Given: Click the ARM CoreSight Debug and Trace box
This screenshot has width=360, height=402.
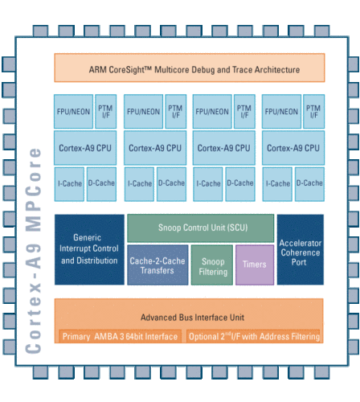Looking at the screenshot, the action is [x=190, y=68].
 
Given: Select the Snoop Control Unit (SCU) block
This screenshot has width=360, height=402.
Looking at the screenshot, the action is [x=201, y=228].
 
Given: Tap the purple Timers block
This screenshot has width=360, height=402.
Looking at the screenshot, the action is [x=255, y=265].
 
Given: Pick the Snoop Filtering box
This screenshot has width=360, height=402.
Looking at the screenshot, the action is [x=212, y=265].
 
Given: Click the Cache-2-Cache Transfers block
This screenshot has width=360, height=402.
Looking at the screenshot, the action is [x=157, y=265].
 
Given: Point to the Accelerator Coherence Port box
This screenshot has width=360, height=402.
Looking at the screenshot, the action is [x=301, y=249].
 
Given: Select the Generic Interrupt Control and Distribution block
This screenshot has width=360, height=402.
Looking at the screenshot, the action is [x=89, y=249].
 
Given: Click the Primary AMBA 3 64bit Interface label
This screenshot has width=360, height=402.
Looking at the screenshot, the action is [x=120, y=336].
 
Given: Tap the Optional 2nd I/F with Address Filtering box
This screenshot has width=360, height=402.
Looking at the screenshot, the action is [x=254, y=336].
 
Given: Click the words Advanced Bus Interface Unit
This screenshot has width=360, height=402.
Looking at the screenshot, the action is [x=192, y=318].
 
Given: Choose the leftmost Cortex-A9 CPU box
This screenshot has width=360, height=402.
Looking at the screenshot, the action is [x=85, y=148].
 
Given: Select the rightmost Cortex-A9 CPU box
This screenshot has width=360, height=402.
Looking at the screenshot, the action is [x=293, y=148].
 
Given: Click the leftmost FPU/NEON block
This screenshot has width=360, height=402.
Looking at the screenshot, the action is [x=73, y=112].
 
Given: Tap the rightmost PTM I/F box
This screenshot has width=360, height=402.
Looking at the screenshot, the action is [x=313, y=112].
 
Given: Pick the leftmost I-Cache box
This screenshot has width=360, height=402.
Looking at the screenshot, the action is [x=69, y=184].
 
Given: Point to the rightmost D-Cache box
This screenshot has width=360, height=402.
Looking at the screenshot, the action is [x=309, y=184].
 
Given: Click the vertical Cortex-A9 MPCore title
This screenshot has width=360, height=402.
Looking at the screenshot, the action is [x=33, y=251].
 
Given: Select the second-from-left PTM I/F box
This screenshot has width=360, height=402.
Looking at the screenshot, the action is [x=176, y=112].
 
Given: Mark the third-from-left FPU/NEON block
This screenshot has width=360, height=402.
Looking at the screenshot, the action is [x=212, y=112].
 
